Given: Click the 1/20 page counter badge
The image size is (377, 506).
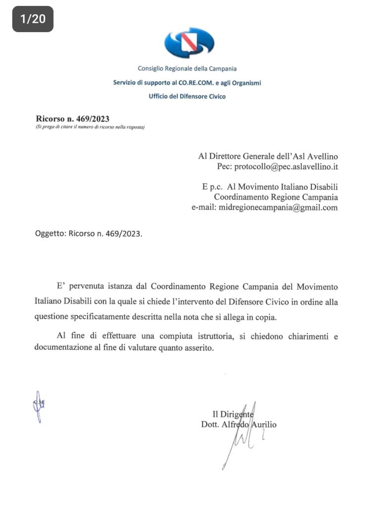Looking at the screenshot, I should point(33,19).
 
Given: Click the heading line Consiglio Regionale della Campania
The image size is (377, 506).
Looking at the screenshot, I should point(187,69).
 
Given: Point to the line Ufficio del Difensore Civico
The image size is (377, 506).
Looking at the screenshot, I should point(187,96).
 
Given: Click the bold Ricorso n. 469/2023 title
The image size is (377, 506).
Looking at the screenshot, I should point(72,119).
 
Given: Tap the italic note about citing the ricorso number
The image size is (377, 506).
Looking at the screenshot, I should point(90,127).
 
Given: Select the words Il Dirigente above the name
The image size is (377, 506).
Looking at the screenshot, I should point(233,414).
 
